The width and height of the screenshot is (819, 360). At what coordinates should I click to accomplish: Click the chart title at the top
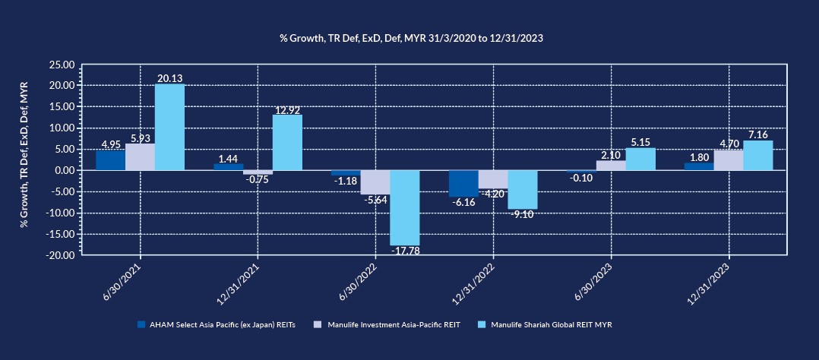(410, 37)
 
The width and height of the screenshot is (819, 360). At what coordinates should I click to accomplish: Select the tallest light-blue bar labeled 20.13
(169, 127)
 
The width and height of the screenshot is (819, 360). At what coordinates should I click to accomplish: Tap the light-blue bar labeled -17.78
(405, 207)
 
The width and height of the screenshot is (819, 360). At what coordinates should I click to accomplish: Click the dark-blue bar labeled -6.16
(463, 183)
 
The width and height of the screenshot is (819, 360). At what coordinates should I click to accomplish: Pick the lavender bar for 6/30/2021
(140, 157)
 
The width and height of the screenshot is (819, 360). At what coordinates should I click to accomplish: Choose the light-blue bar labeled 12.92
(287, 142)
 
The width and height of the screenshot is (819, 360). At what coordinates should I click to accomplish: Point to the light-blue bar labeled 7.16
(758, 155)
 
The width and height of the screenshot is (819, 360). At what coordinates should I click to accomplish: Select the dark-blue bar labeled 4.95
(110, 160)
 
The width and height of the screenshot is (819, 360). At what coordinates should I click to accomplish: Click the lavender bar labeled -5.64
(375, 182)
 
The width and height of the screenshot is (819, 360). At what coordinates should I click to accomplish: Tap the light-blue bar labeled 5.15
(640, 159)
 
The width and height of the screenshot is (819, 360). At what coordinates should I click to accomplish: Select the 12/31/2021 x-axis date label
(239, 285)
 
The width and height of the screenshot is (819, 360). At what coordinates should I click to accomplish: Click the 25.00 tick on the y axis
(62, 65)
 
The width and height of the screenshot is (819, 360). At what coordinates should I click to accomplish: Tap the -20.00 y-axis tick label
(61, 255)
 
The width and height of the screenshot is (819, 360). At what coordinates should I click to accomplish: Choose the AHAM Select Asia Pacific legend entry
(226, 324)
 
